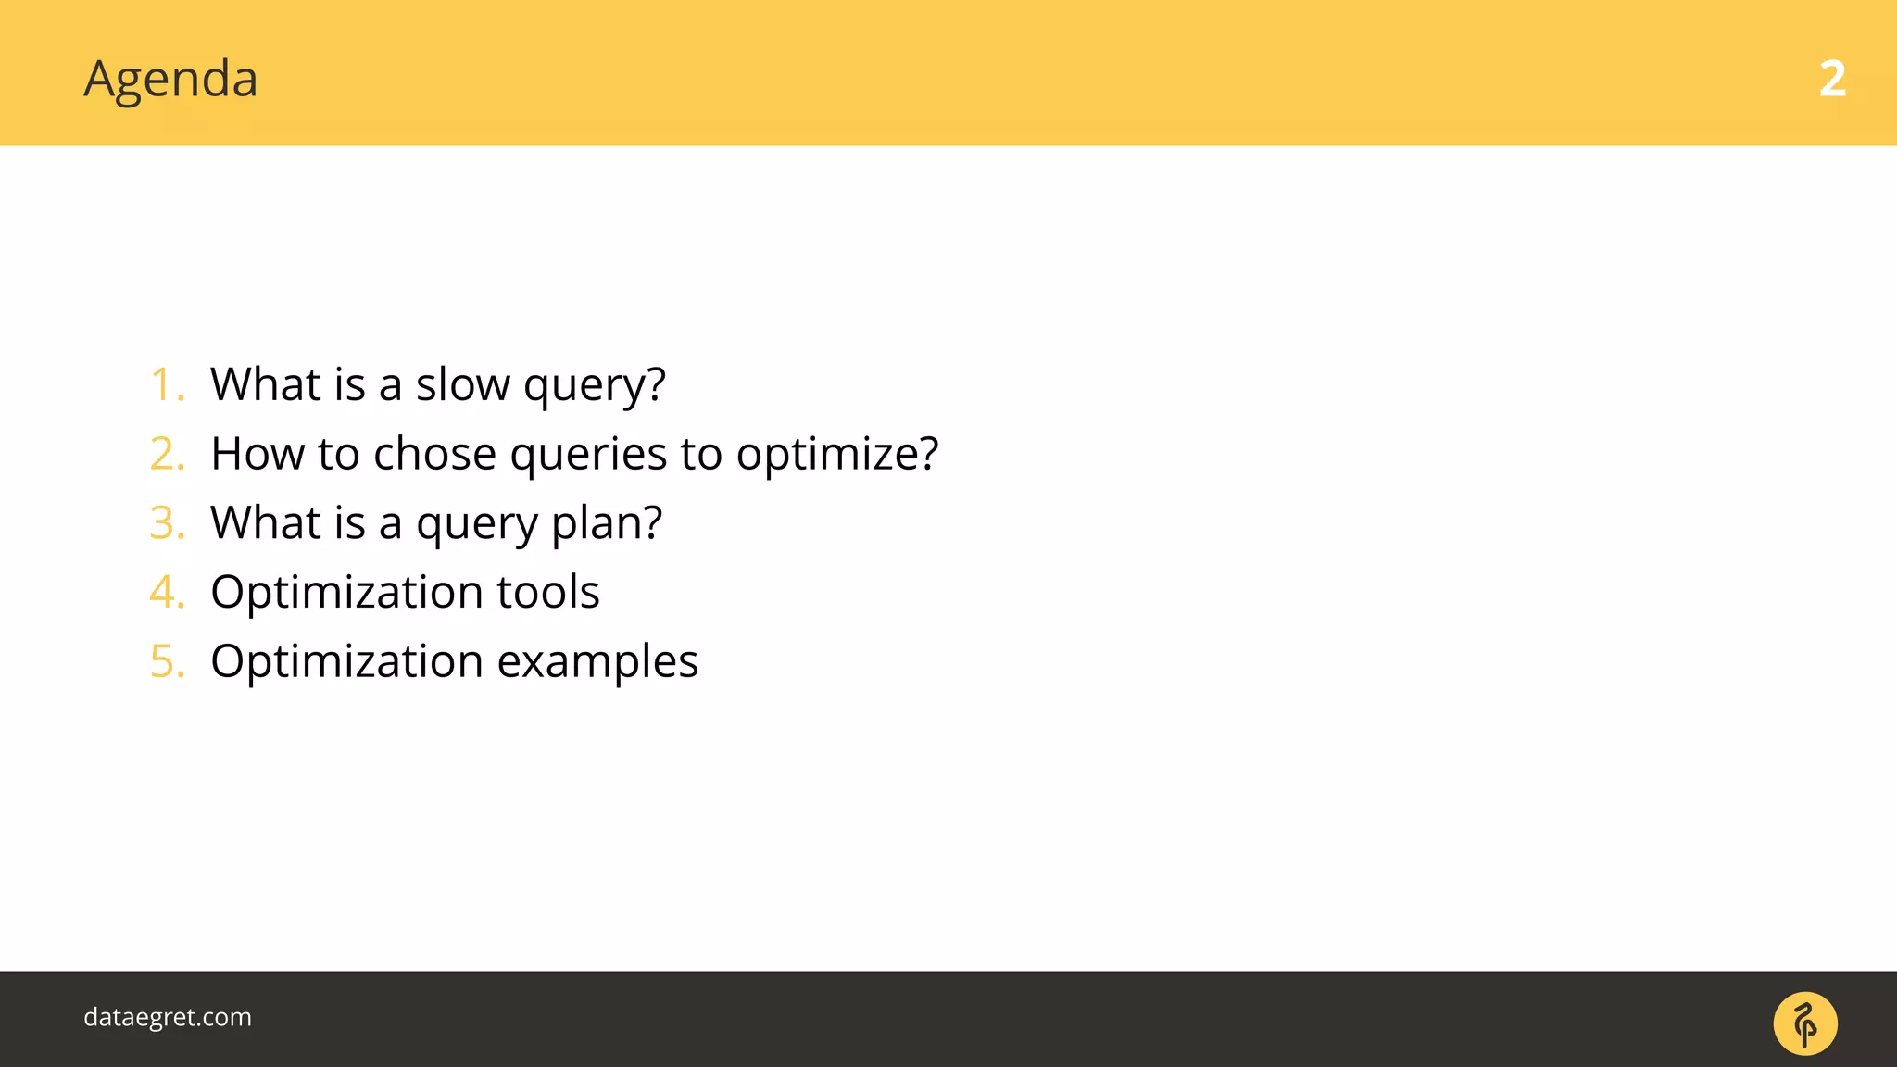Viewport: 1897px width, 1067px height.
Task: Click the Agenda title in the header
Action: click(x=170, y=80)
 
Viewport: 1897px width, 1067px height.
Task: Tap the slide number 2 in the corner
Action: click(x=1831, y=80)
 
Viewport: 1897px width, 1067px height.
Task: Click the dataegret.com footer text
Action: click(x=168, y=1017)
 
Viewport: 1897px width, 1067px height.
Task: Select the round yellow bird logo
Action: click(x=1804, y=1023)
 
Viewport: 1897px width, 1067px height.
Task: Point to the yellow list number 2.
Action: click(x=167, y=454)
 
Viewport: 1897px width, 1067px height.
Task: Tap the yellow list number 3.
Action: click(x=167, y=523)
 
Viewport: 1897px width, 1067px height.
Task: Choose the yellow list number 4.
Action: click(x=167, y=592)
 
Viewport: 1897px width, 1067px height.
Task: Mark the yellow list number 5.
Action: click(x=167, y=661)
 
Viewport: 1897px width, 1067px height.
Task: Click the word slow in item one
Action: click(x=462, y=384)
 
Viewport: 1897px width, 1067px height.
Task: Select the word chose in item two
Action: click(x=434, y=454)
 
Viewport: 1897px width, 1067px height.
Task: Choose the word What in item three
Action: click(x=265, y=522)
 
